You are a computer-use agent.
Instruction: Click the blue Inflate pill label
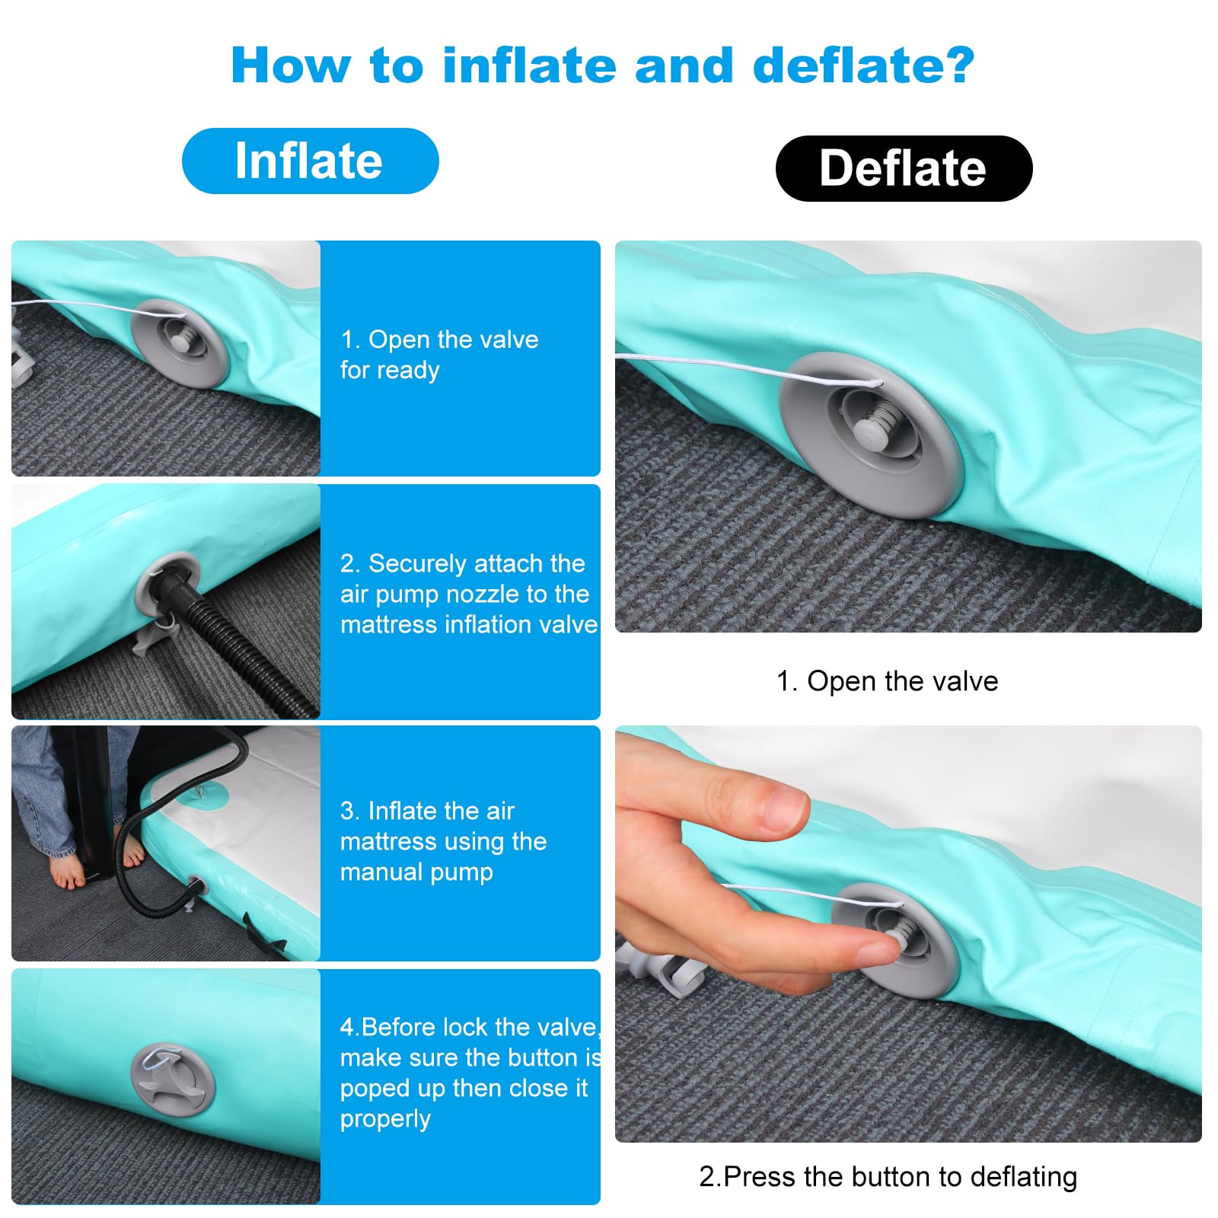[311, 161]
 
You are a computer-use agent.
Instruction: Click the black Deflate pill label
[904, 168]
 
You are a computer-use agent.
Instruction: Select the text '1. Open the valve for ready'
[439, 355]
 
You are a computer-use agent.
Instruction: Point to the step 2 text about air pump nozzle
[469, 594]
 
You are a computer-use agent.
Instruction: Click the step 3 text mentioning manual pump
[443, 841]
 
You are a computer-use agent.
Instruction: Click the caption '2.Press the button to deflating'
[888, 1176]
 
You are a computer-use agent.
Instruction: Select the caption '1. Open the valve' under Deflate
[887, 681]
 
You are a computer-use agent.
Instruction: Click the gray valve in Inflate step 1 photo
[179, 343]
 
